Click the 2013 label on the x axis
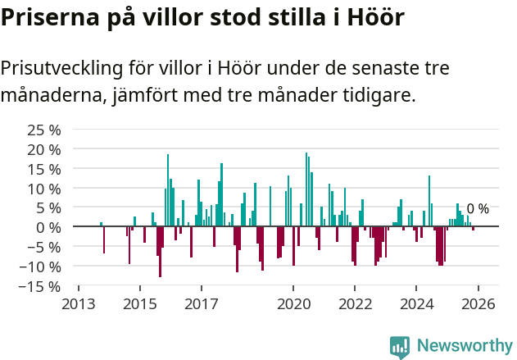79,304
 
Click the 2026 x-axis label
478,304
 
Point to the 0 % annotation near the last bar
478,209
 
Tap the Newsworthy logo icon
400,347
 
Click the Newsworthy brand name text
464,347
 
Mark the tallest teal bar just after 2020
306,189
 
